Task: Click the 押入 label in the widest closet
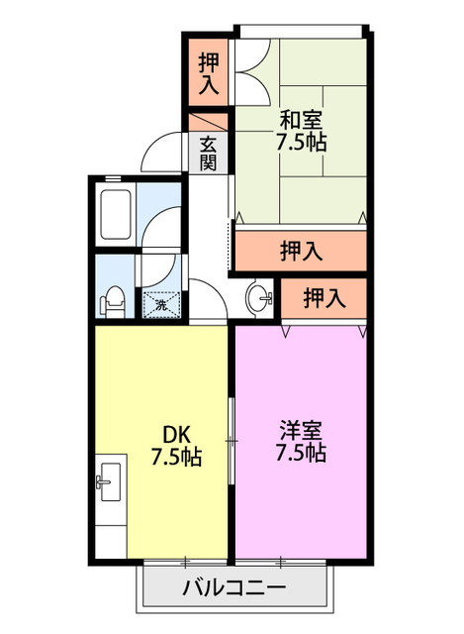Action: pyautogui.click(x=301, y=252)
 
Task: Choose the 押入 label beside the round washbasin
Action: pyautogui.click(x=324, y=296)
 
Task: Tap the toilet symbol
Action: pyautogui.click(x=113, y=298)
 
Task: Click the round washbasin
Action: pyautogui.click(x=259, y=297)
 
